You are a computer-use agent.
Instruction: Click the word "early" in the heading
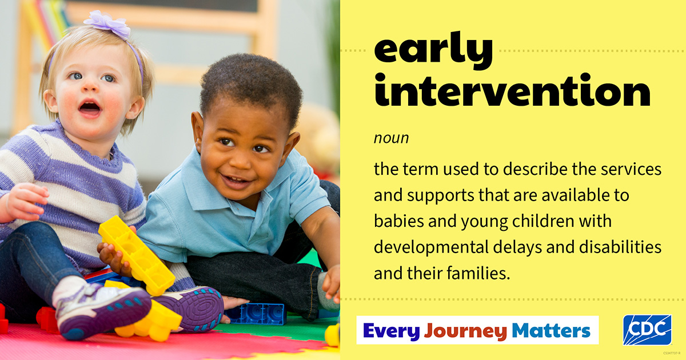(x=433, y=50)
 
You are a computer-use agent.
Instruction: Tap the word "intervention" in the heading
(x=512, y=90)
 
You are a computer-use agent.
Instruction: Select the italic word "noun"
(x=391, y=138)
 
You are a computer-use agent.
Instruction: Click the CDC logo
(x=647, y=330)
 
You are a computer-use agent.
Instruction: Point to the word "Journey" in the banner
(x=465, y=331)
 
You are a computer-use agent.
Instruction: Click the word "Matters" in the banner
(x=551, y=330)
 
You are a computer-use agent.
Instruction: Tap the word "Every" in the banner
(x=392, y=331)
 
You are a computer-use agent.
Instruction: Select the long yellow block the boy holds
(x=137, y=254)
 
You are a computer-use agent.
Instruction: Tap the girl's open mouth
(x=89, y=107)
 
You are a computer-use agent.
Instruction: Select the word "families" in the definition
(x=478, y=273)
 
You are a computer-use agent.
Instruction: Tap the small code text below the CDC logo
(x=672, y=353)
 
